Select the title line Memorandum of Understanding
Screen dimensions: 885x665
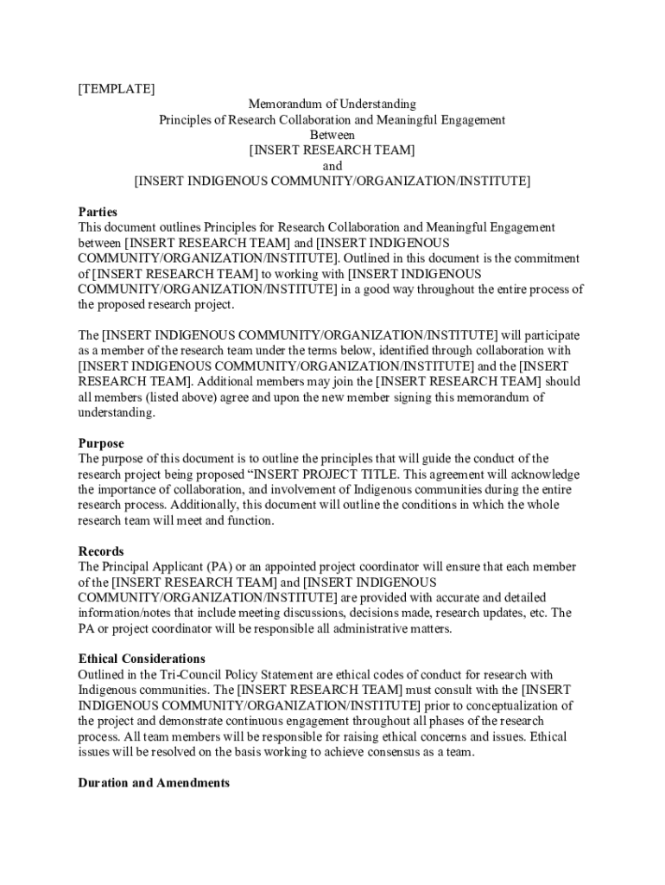click(332, 104)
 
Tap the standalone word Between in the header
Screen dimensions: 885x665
click(332, 135)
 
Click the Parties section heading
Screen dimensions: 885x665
click(98, 212)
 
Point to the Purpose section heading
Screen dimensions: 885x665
click(101, 443)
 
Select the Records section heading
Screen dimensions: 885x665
click(101, 551)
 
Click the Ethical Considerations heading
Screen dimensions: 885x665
click(142, 659)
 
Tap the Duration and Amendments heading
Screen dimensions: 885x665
click(154, 783)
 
